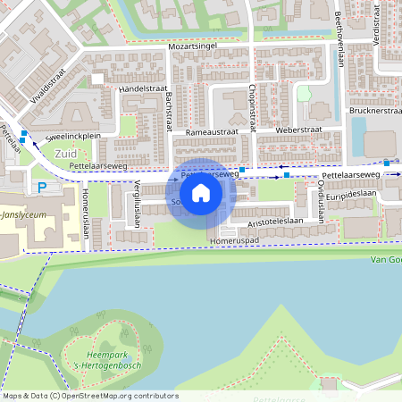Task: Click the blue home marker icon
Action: (x=201, y=192)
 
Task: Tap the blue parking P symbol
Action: (x=42, y=188)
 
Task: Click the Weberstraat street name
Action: (x=298, y=130)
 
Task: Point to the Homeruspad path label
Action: (x=234, y=240)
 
